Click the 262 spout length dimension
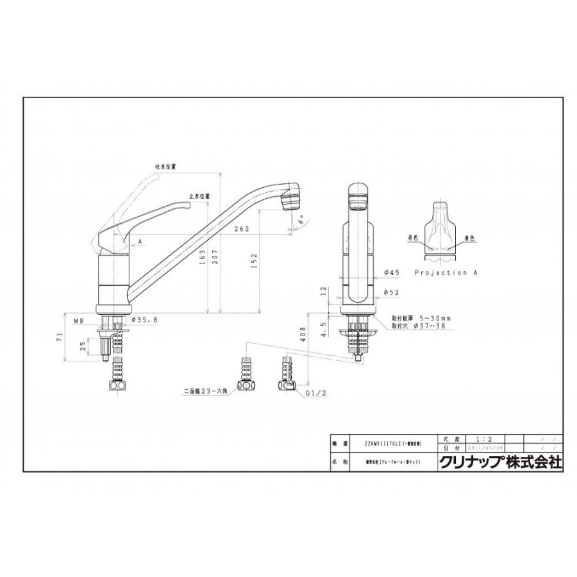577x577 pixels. [242, 229]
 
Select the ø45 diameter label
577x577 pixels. [392, 272]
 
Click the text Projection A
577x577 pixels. [446, 272]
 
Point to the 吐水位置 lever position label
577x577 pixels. [165, 166]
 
